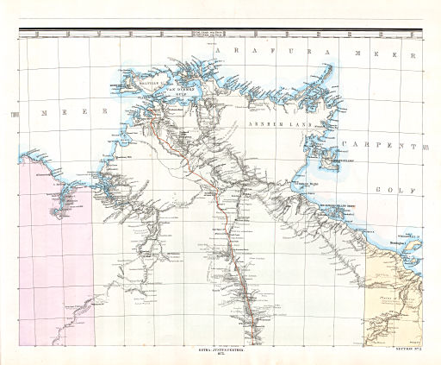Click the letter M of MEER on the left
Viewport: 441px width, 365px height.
(44, 113)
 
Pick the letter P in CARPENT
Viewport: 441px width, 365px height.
(382, 145)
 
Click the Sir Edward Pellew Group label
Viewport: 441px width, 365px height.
(339, 205)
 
